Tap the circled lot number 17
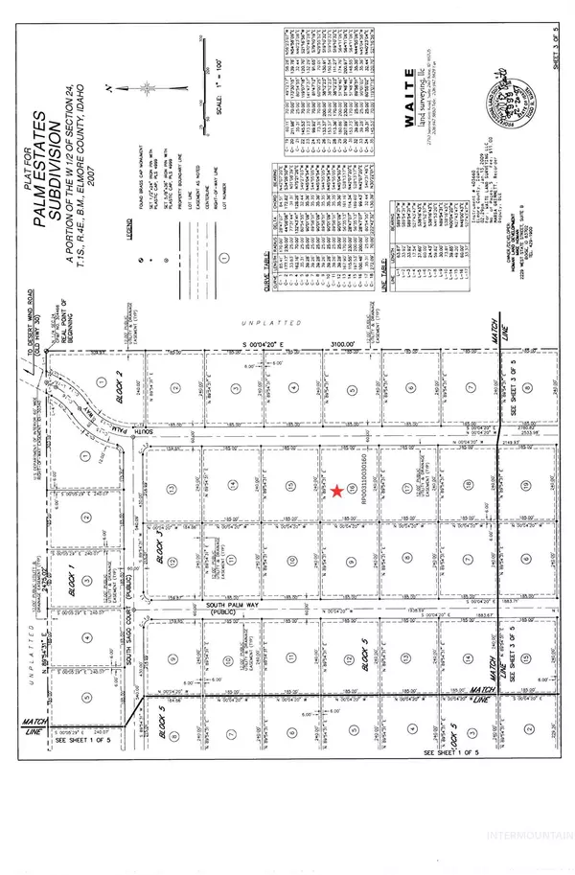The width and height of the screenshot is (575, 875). [x=409, y=489]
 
